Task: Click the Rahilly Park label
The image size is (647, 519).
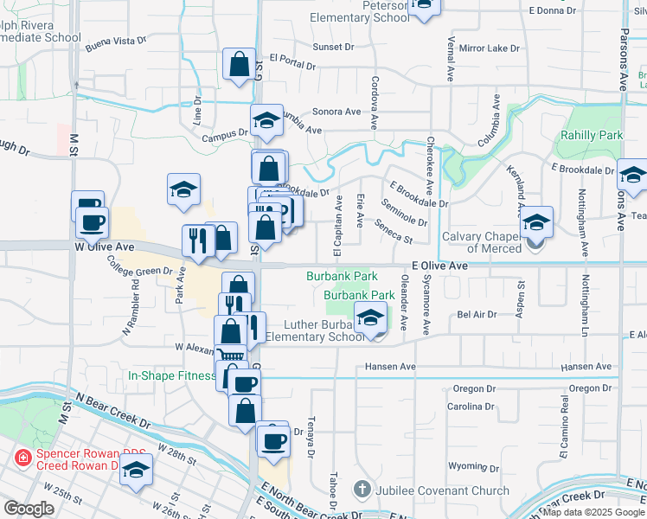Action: [592, 136]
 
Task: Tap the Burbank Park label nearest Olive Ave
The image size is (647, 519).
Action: [342, 276]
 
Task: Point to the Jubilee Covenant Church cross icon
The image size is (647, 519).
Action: [363, 490]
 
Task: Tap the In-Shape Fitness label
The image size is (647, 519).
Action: [171, 375]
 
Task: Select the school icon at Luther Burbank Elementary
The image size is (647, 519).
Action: [370, 319]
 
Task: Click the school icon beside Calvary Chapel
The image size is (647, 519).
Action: [536, 223]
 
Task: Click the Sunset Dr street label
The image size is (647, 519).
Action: [334, 47]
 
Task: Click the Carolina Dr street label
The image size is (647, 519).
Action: [471, 406]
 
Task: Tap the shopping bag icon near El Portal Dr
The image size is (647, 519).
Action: [239, 66]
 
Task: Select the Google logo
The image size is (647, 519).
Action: [29, 509]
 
